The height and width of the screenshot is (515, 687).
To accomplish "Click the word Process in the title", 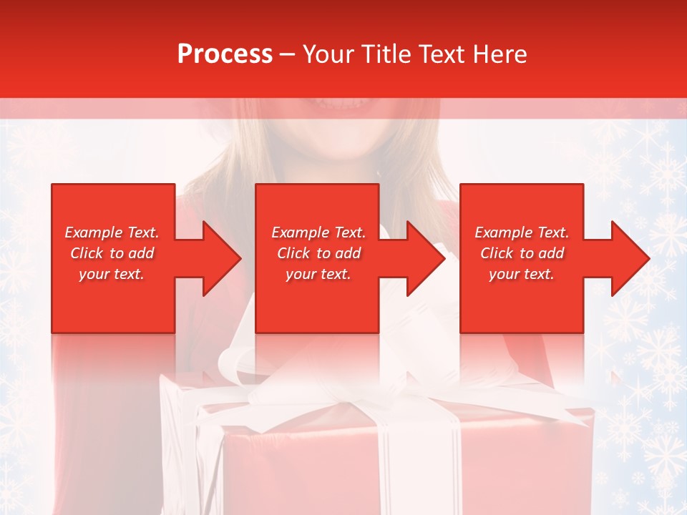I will pos(225,54).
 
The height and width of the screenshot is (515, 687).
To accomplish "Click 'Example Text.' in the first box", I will pos(112,232).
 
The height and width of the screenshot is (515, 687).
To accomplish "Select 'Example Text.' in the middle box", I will pos(318,232).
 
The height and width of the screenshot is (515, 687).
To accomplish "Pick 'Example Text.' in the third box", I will pos(522,232).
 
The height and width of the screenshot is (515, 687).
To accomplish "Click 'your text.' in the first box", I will pos(112,274).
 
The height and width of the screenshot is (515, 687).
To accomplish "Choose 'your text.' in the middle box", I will pos(318,274).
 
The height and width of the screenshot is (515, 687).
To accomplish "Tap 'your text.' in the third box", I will pos(522,274).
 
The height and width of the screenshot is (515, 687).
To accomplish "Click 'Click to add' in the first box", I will pos(112,253).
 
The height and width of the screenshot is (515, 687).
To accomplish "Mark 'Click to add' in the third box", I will pos(522,253).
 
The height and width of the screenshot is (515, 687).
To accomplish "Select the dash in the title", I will pos(287,55).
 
